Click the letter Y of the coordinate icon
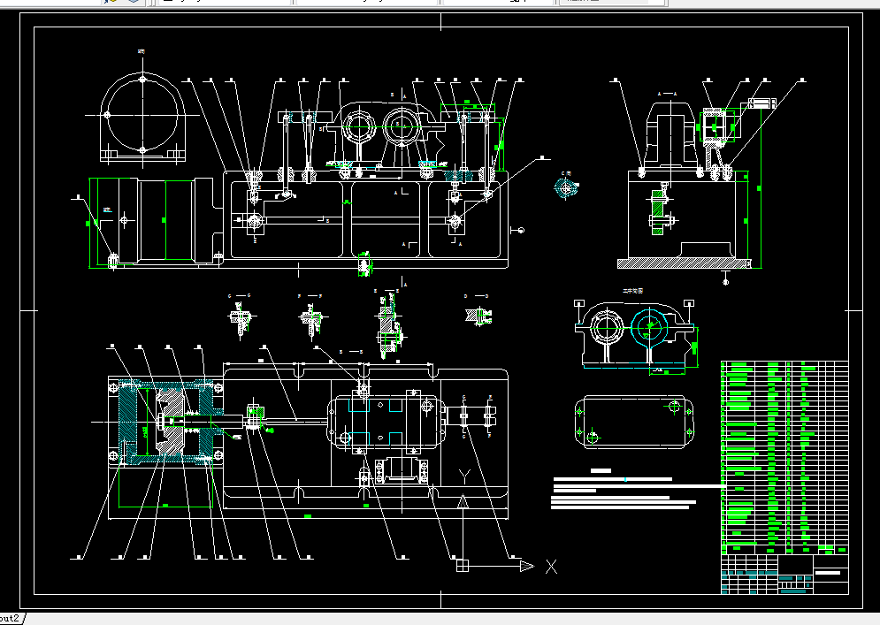coord(464,476)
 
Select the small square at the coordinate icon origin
coord(461,565)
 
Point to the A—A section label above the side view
coord(667,92)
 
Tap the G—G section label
coord(240,294)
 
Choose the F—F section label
coord(310,294)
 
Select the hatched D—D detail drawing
coord(476,315)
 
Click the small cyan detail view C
coord(564,187)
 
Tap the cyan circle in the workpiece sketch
coord(649,329)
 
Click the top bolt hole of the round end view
coord(142,80)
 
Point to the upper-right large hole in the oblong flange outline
coord(677,408)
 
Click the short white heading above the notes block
coord(601,470)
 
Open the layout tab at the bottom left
coord(11,617)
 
